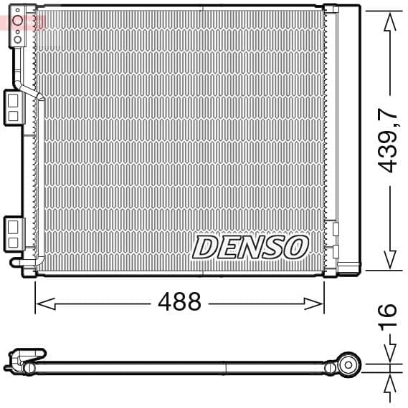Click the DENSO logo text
pos(250,248)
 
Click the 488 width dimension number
pos(179,302)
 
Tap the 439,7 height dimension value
pos(388,140)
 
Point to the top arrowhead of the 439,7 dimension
pos(389,21)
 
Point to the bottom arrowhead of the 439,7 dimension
pos(389,261)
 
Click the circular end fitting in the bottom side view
pos(349,364)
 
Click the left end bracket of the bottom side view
pos(22,360)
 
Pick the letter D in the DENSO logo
pos(204,248)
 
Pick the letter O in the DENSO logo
pos(295,248)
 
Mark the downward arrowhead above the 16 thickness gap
pos(389,355)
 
